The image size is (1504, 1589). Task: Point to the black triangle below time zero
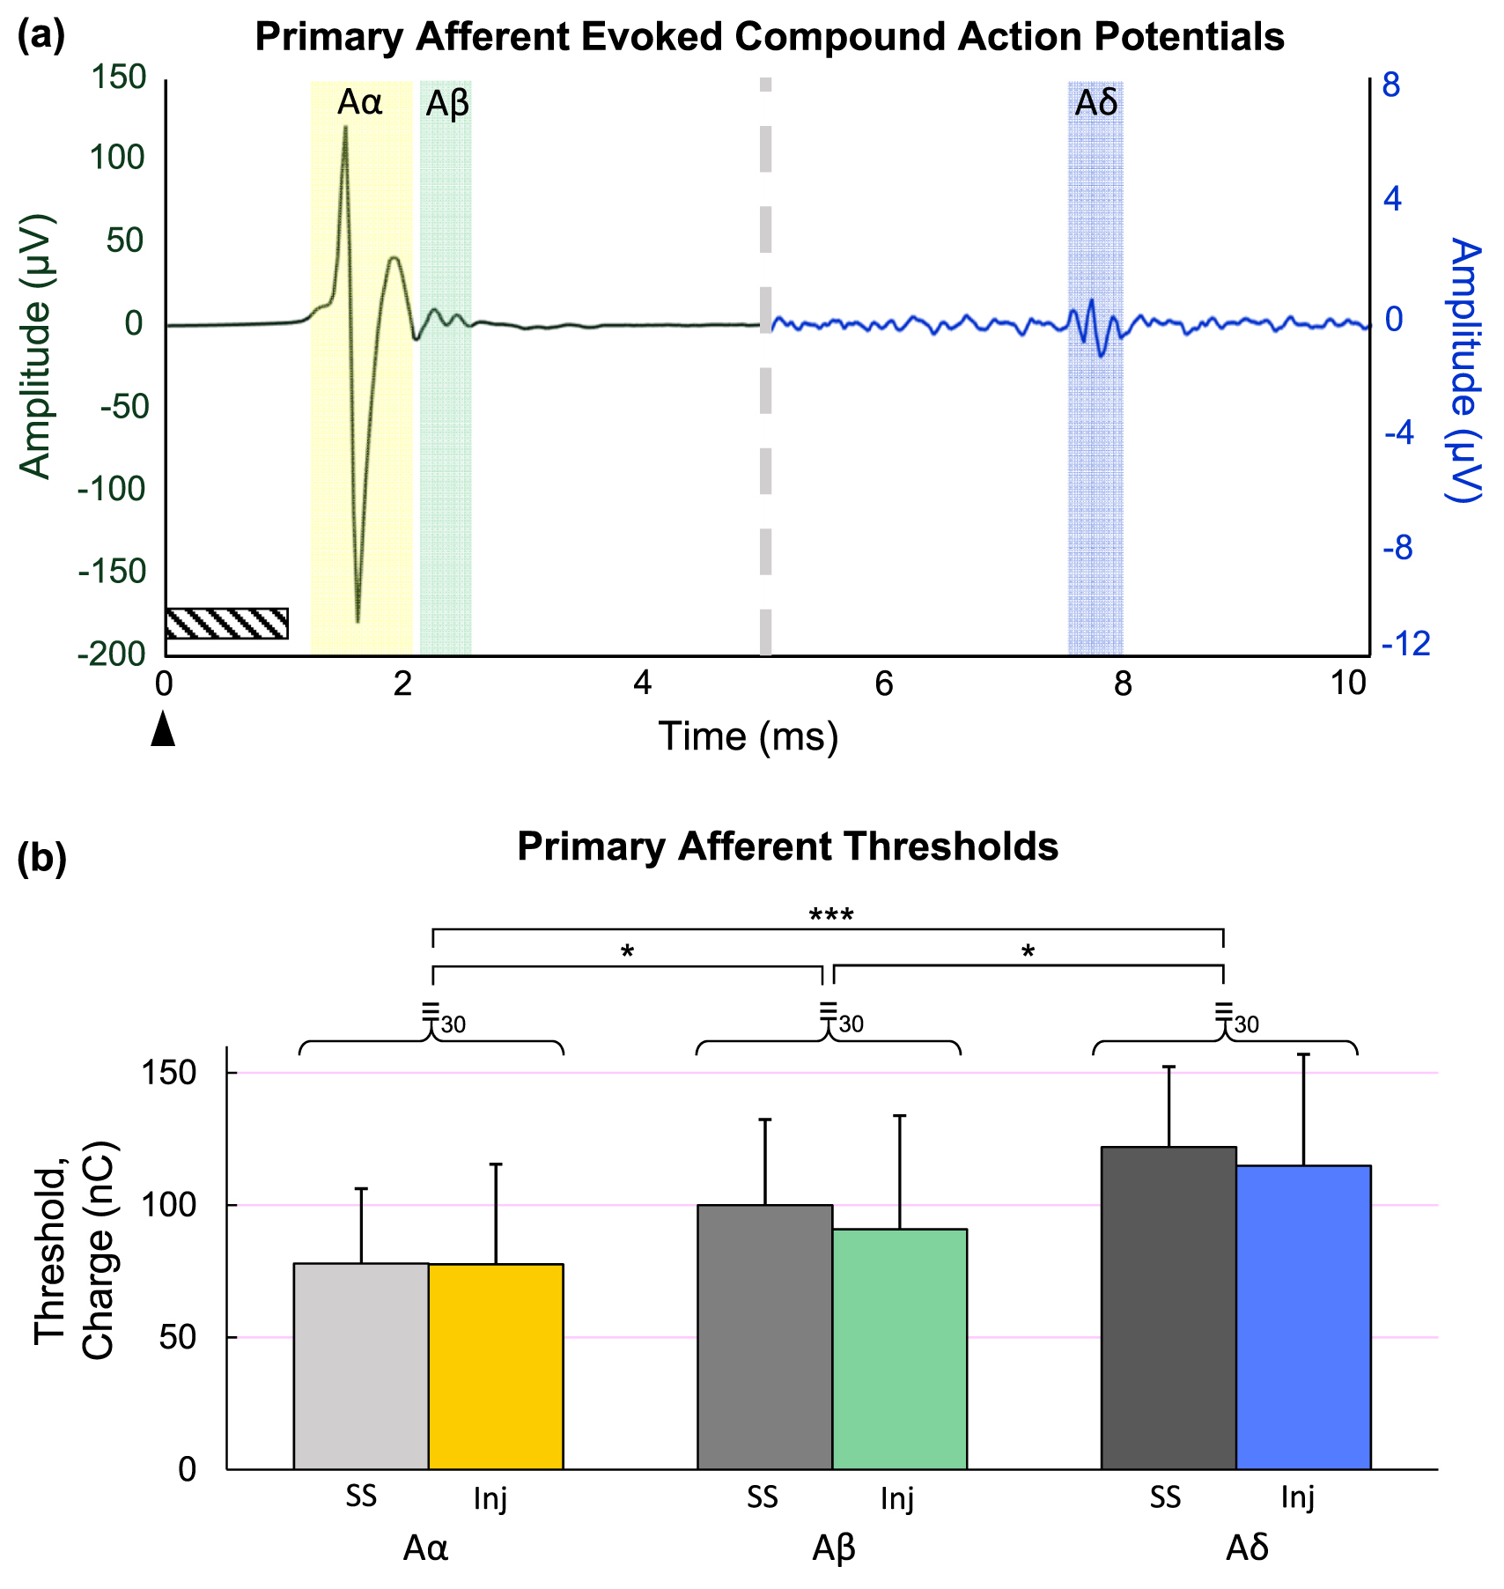coord(163,730)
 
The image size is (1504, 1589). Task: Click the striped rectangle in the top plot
coord(226,623)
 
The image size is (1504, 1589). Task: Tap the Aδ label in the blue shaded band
coord(1095,104)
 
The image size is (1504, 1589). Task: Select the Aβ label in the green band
coord(446,105)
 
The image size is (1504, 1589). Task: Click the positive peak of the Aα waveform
coord(345,129)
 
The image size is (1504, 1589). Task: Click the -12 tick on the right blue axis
coord(1406,644)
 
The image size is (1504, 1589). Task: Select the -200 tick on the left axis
coord(111,654)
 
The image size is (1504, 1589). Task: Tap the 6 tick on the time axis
coord(883,684)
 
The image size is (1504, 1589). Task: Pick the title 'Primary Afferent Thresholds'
coord(787,846)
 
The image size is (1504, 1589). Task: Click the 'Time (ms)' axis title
coord(748,736)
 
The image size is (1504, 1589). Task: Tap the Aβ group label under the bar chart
coord(833,1548)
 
